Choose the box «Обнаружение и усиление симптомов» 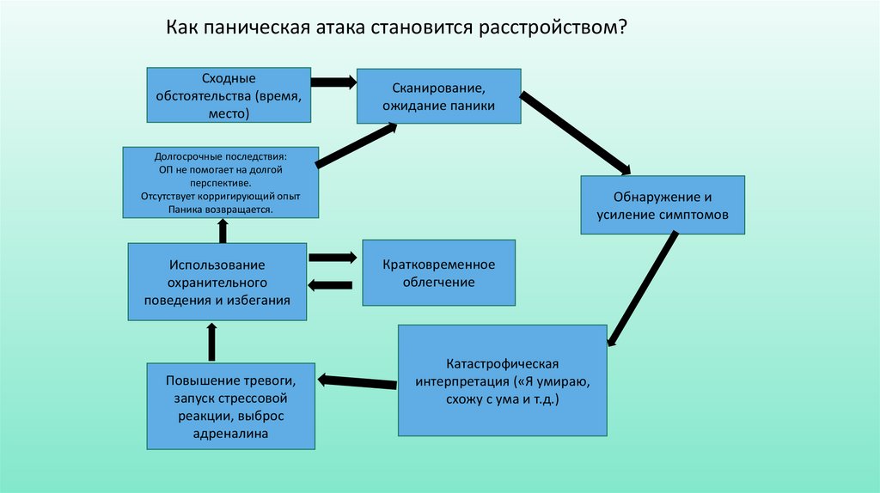click(662, 205)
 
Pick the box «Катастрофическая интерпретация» click(503, 379)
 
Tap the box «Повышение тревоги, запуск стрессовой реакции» click(231, 406)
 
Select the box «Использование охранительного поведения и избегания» click(217, 282)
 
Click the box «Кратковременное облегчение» click(439, 272)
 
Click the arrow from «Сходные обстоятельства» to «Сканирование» click(333, 82)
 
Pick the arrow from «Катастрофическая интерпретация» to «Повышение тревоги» click(357, 379)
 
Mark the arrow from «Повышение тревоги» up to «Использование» click(212, 341)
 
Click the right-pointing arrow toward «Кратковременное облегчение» click(332, 257)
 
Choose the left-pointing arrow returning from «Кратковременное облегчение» click(330, 285)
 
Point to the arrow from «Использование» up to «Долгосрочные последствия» click(223, 230)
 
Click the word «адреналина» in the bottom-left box click(230, 434)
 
